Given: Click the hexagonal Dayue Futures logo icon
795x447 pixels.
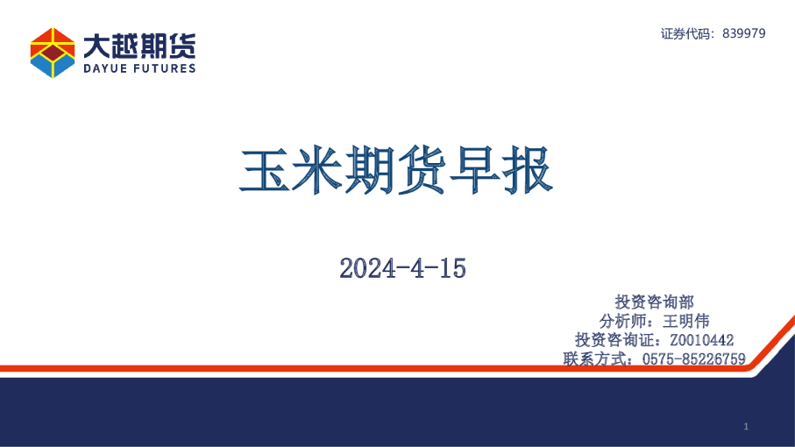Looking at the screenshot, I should point(53,52).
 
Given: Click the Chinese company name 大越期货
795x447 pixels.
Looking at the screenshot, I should point(139,44).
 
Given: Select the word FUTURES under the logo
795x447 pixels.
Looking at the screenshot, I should point(164,68).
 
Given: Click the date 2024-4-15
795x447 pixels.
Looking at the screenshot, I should point(402,268).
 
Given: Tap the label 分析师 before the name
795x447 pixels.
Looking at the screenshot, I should point(625,321).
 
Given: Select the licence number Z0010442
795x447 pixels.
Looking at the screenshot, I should point(700,340).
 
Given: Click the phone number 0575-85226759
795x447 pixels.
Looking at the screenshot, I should point(693,358).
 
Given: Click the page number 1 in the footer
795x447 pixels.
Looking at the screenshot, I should point(745,427).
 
